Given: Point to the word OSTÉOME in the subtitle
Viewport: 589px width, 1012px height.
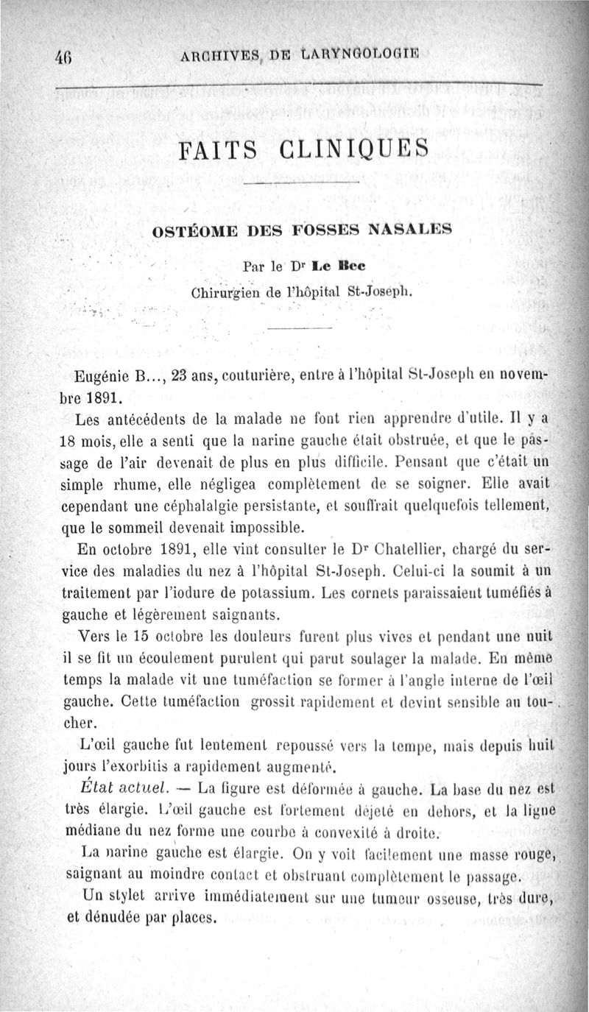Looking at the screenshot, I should [x=187, y=230].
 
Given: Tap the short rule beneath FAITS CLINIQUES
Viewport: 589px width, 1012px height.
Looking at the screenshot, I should [x=300, y=183].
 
